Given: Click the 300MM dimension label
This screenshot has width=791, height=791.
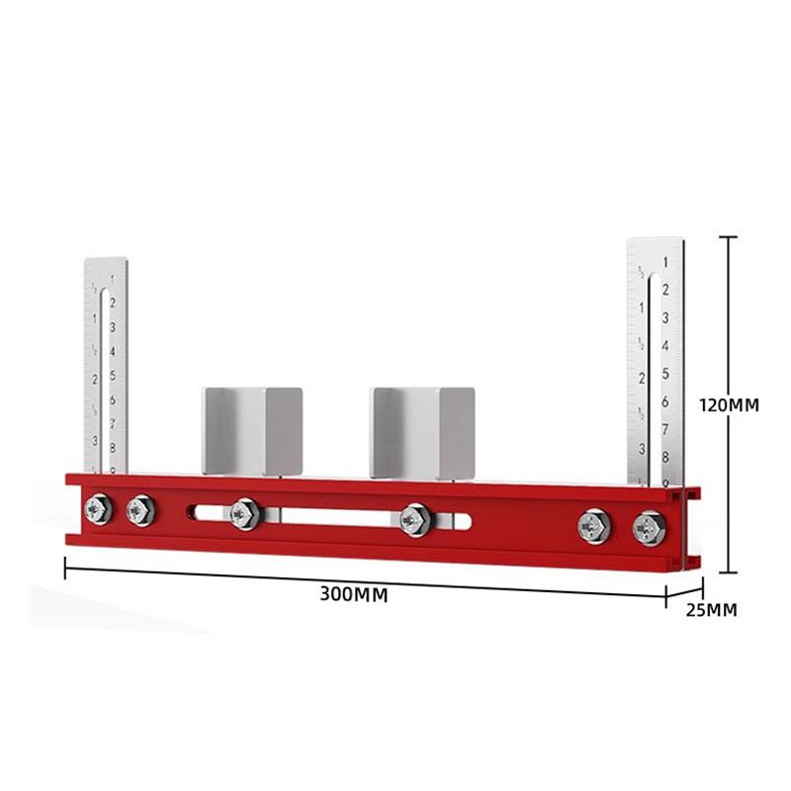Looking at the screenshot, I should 352,594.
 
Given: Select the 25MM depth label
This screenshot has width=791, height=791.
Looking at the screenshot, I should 711,609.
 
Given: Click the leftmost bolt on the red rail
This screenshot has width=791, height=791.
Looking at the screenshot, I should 96,509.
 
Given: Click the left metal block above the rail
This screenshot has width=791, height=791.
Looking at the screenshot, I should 252,429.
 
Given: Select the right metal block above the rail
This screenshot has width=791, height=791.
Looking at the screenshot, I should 422,429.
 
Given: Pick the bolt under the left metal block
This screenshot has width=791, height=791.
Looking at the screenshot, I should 243,513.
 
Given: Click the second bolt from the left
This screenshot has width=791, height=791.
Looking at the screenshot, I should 138,510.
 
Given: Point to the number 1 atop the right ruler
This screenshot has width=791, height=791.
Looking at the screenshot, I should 666,262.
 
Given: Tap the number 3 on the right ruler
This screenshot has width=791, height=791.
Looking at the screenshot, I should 666,317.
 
